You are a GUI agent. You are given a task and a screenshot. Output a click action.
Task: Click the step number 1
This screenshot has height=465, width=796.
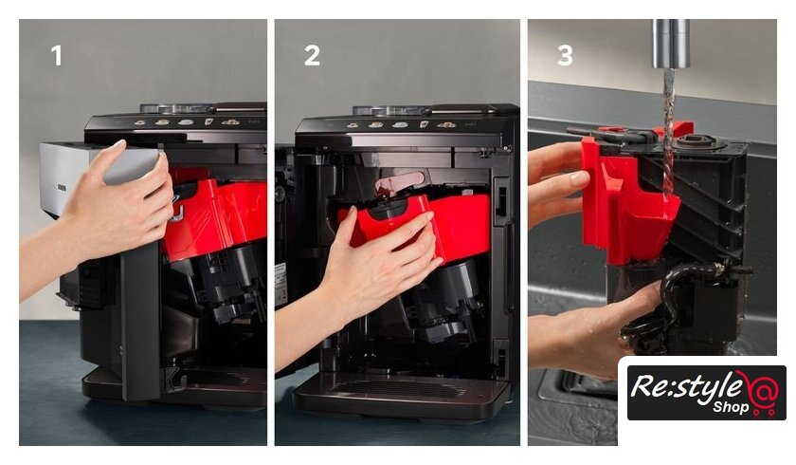[56, 55]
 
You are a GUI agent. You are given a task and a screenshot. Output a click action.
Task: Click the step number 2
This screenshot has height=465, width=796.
[312, 55]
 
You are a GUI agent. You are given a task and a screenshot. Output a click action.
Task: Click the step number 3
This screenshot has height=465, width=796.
[565, 55]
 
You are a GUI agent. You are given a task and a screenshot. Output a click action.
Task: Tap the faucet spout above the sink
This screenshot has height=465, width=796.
[671, 44]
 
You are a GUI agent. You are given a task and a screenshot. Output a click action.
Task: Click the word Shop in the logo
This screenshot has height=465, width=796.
[731, 406]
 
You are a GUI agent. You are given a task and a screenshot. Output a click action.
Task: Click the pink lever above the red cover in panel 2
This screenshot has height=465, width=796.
[400, 183]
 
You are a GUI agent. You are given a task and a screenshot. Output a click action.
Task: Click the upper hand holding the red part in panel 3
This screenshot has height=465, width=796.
[557, 183]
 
